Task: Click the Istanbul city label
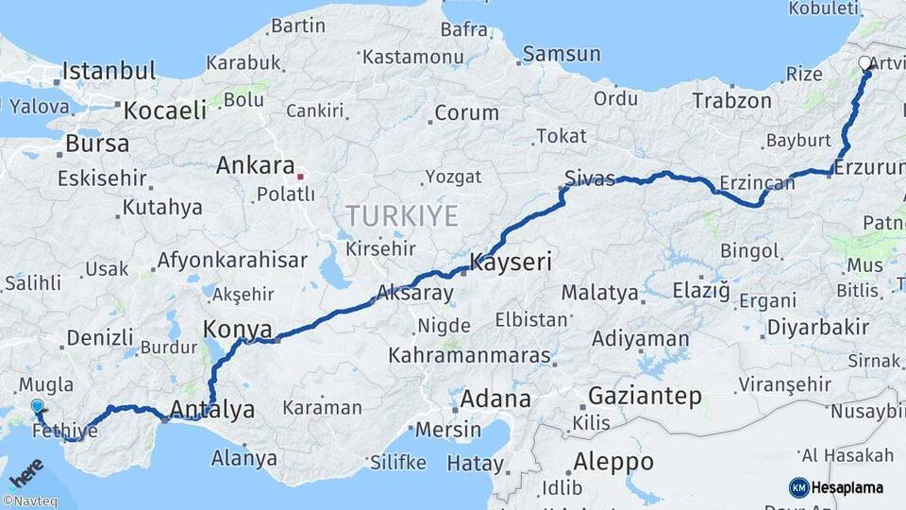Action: coord(109,71)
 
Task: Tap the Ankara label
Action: coord(255,166)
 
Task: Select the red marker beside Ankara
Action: coord(300,176)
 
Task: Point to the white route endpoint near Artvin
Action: coord(864,63)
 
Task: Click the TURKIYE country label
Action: coord(401,216)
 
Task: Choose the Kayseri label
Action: coord(511,263)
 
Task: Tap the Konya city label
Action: coord(237,331)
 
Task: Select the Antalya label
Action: coord(212,410)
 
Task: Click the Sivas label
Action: coord(590,178)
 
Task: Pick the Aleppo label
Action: coord(612,462)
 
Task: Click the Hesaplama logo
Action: coord(838,487)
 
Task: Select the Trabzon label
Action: coord(731,101)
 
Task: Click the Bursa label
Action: coord(97,145)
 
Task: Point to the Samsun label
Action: coord(562,54)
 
